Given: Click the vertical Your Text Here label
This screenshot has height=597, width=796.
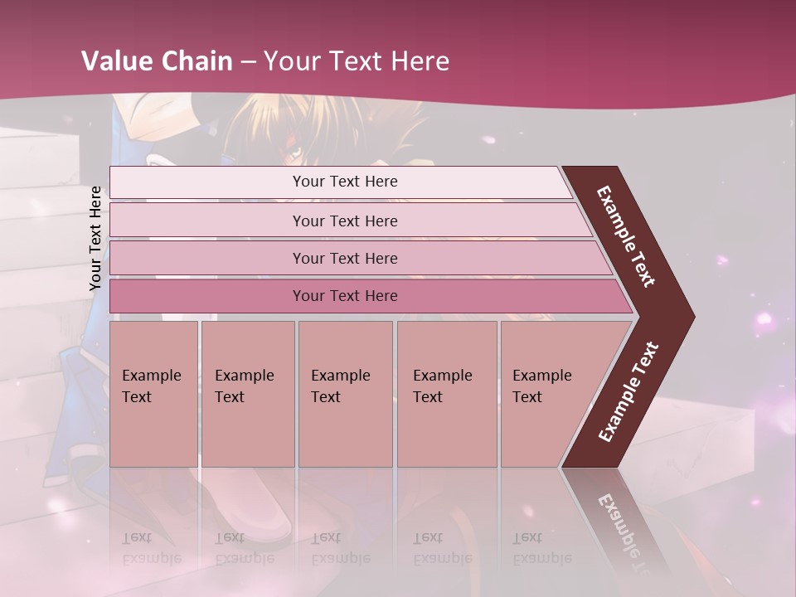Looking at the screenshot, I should click(x=95, y=238).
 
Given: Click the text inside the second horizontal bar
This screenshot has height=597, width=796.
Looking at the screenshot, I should click(x=345, y=221).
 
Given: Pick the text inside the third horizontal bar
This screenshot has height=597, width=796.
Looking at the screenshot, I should click(x=345, y=258).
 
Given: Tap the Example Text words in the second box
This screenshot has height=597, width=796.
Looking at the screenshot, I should click(x=244, y=386).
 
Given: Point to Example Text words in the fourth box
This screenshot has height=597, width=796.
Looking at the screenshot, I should click(x=442, y=386).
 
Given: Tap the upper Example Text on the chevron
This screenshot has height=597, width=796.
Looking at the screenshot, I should click(x=626, y=236).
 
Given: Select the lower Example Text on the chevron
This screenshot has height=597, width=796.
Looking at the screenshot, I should click(x=629, y=392).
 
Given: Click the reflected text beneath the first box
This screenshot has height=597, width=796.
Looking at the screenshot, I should click(x=151, y=548).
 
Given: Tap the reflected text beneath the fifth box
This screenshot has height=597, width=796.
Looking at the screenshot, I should click(x=541, y=548).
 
